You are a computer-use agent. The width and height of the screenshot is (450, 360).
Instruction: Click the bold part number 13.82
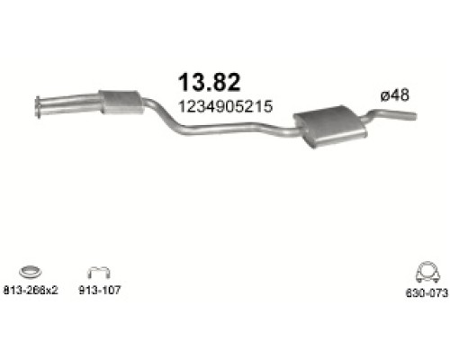click(x=209, y=82)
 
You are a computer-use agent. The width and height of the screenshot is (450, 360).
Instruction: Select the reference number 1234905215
click(x=226, y=106)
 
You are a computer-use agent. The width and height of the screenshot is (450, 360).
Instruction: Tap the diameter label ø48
click(x=394, y=95)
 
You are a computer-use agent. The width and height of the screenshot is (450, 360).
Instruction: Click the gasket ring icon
click(x=31, y=272)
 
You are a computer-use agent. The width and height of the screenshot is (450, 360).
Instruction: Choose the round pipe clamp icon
click(x=427, y=272)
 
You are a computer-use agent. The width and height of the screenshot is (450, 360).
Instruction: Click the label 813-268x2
click(x=31, y=290)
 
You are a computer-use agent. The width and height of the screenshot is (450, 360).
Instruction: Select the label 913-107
click(x=100, y=290)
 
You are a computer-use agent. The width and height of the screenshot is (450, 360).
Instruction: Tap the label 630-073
click(x=427, y=292)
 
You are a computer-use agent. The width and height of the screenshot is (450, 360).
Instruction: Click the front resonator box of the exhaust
click(x=121, y=102)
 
